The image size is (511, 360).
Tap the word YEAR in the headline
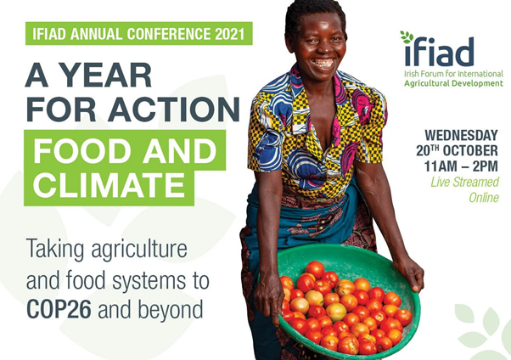[x=107, y=75]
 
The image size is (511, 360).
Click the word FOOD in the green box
[x=83, y=151]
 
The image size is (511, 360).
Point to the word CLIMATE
[x=109, y=184]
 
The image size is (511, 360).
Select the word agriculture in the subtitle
[x=139, y=250]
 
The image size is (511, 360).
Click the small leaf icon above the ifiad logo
[x=407, y=37]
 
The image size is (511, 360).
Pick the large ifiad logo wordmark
[x=439, y=51]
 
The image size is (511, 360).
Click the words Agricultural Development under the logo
[x=453, y=83]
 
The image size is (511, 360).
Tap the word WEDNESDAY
[x=461, y=135]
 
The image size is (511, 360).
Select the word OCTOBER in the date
[x=470, y=150]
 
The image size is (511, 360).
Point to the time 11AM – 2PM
[x=461, y=166]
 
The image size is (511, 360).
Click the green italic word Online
[x=484, y=198]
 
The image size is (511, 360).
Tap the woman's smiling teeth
[x=323, y=62]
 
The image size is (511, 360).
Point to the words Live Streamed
[x=464, y=182]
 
